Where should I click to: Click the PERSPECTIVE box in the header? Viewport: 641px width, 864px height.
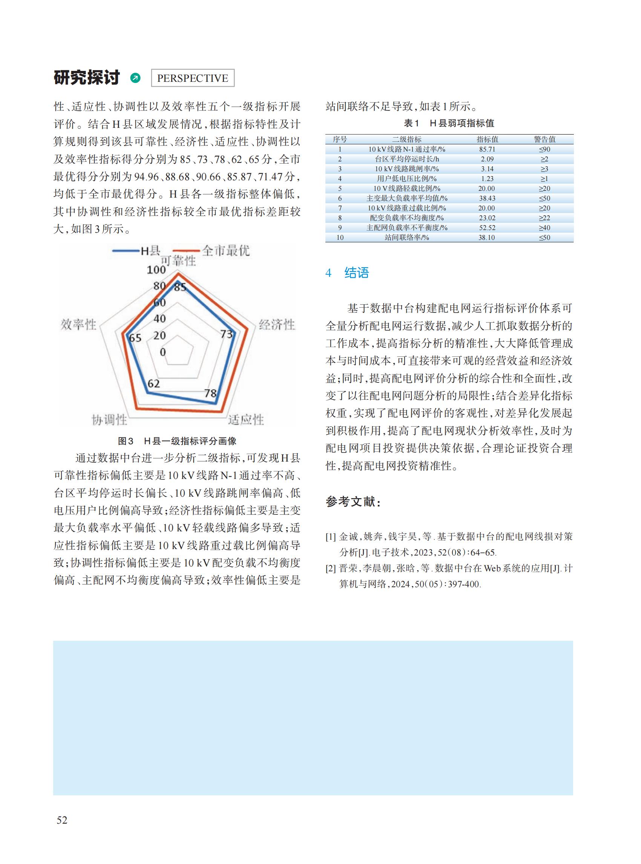192,78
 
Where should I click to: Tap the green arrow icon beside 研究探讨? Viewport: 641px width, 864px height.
135,78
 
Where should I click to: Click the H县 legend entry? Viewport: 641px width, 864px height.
150,251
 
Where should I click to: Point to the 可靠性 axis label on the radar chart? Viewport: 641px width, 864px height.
178,261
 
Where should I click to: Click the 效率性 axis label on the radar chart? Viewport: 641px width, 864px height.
78,324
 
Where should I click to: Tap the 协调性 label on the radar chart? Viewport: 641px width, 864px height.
109,420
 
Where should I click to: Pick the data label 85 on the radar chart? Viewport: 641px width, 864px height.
180,287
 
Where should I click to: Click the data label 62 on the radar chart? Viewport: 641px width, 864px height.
154,384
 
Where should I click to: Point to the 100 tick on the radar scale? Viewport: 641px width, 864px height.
156,269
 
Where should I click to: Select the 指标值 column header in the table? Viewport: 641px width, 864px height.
487,139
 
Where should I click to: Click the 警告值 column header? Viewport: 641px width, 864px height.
544,139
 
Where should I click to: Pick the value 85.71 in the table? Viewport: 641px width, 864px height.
487,149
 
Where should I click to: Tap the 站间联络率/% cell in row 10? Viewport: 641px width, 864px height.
406,238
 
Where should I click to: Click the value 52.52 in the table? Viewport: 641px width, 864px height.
487,228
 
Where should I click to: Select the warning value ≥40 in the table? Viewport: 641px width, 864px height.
544,228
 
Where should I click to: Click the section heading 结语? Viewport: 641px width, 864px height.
356,273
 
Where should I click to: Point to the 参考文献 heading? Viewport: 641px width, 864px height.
353,502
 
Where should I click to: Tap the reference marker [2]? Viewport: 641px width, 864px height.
331,569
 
